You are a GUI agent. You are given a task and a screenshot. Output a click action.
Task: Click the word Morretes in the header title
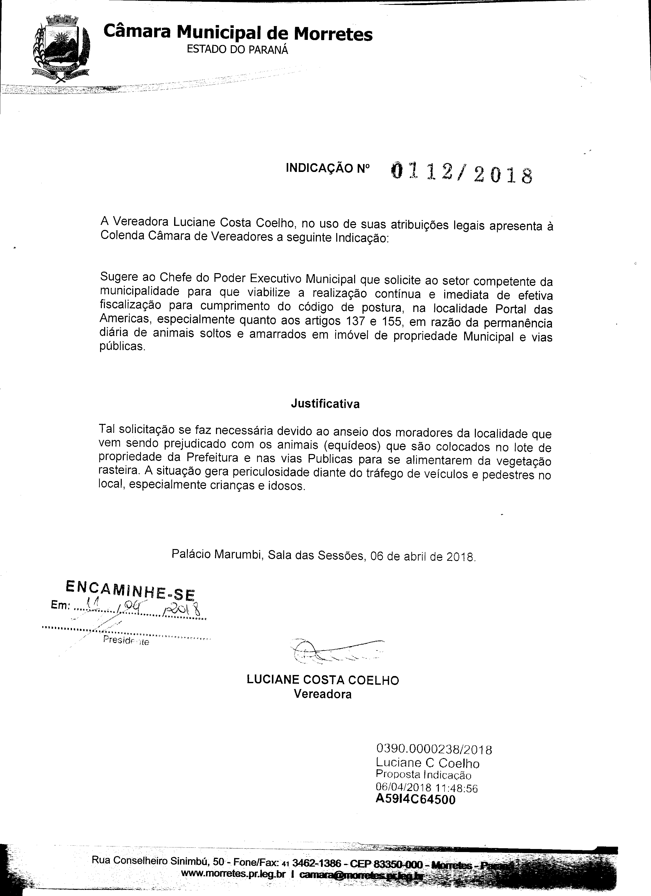coord(333,34)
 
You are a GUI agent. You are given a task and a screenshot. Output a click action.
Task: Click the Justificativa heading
coord(325,404)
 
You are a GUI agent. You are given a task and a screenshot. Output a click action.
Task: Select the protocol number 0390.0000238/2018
coord(434,749)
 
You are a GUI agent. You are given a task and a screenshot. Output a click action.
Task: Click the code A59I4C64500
coord(416,788)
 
